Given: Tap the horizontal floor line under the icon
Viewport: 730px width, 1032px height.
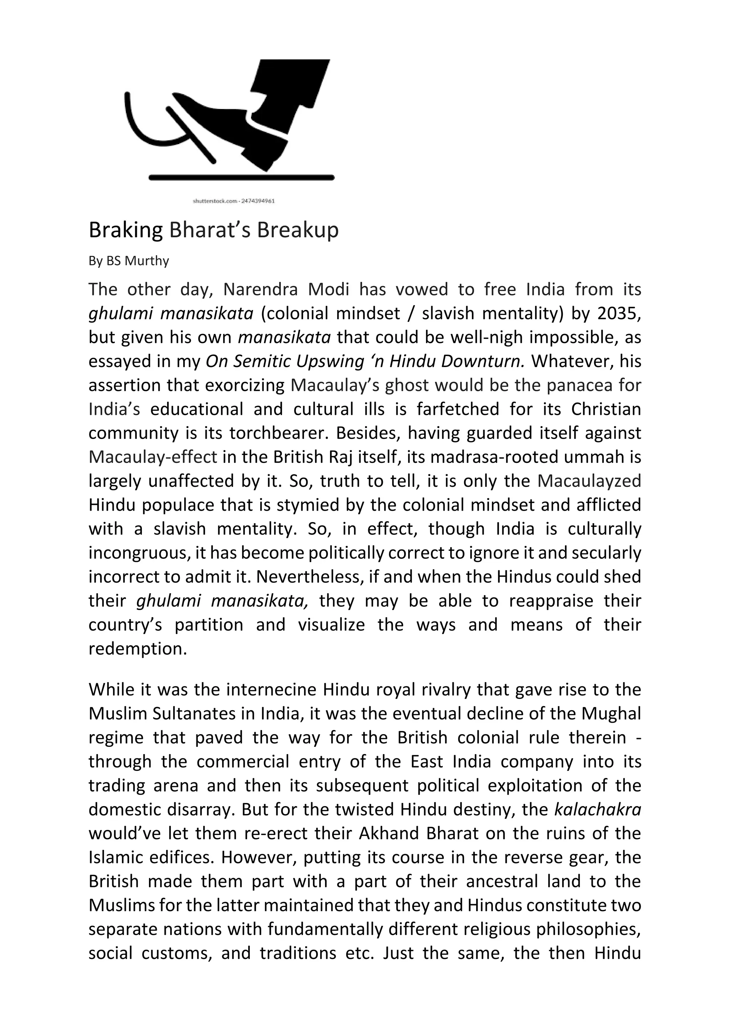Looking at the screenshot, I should pyautogui.click(x=241, y=178).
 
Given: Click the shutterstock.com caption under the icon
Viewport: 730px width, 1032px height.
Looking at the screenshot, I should pyautogui.click(x=234, y=201).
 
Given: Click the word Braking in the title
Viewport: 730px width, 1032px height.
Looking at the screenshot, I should pyautogui.click(x=125, y=230).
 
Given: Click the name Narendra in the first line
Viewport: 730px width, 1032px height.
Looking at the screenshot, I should pyautogui.click(x=260, y=289).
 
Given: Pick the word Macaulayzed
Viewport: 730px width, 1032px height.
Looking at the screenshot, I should pyautogui.click(x=589, y=481).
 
